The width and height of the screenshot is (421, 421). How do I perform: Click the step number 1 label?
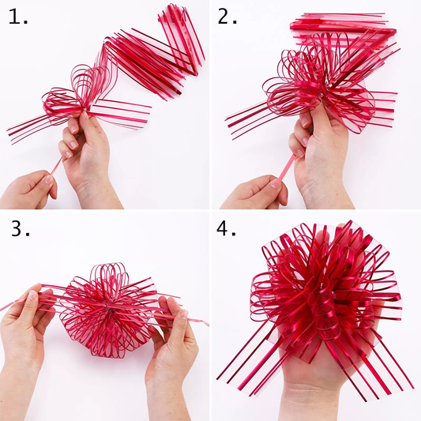(17, 17)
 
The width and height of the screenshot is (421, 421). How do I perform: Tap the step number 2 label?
(227, 17)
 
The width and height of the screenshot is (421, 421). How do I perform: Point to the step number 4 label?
(226, 228)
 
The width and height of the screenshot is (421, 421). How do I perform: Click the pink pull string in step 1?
(56, 166)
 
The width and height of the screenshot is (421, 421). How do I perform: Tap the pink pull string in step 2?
(287, 167)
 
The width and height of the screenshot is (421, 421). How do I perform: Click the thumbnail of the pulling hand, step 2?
(276, 183)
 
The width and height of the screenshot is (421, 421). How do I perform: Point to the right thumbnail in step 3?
(184, 314)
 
